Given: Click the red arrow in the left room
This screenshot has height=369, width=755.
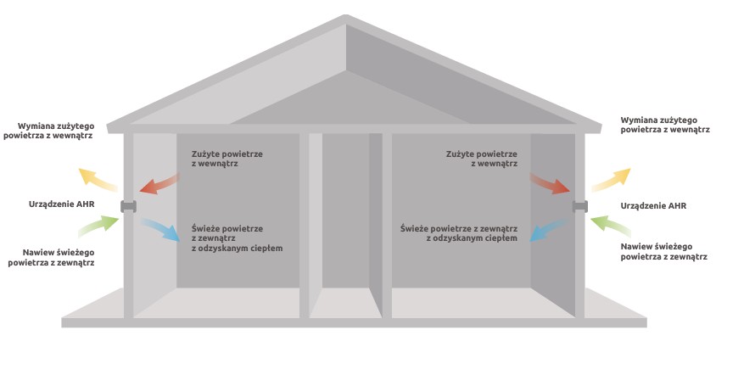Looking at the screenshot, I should coord(159,183).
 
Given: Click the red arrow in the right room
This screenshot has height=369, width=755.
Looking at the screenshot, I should coord(549,183).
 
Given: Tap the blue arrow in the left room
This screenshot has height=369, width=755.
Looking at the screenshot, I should coord(161,230).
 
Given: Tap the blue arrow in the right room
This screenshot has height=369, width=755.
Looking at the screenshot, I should coord(549,230).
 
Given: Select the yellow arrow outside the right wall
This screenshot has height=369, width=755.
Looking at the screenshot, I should coord(611,179).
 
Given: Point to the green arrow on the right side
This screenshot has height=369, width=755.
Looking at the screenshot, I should coord(611,225).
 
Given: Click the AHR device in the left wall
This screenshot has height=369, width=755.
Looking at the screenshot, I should coord(129,206).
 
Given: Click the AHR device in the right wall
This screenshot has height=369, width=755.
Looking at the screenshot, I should coord(580,206).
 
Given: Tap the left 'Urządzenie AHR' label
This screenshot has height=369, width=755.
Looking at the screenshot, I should coord(61,204).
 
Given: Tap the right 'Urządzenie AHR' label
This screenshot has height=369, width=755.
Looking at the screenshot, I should coord(653,206).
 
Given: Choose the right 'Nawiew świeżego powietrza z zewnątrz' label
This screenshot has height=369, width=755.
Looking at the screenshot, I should coord(663,251).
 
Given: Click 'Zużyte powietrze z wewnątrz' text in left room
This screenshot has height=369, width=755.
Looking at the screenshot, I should coord(227,159).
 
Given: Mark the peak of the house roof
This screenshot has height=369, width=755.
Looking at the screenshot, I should coord(345,16).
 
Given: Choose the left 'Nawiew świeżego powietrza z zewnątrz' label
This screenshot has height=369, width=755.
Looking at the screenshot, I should coord(51,258).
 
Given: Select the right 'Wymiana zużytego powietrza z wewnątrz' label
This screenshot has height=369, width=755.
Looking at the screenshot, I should coord(665,126).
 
